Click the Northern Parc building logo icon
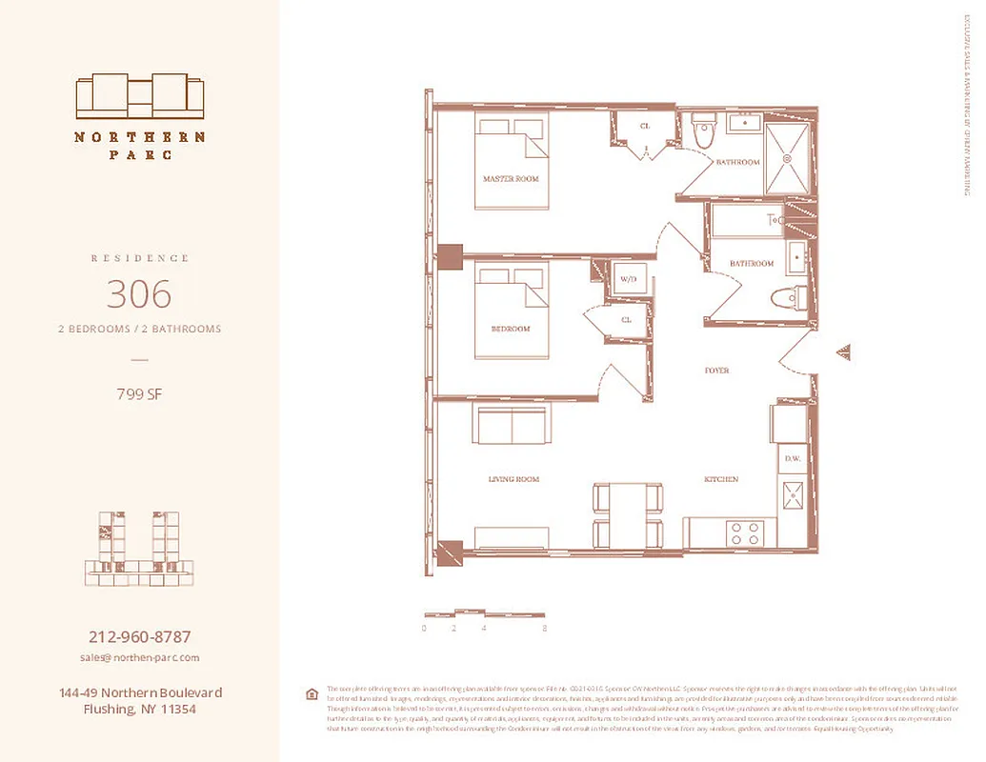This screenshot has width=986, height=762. tap(140, 95)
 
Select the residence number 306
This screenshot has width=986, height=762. tap(139, 294)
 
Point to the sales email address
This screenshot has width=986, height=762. tap(139, 657)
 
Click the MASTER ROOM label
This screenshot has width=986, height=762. tap(511, 179)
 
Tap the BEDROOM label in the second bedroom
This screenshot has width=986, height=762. tap(511, 329)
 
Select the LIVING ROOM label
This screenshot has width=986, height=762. tap(514, 480)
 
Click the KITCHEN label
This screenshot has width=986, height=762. tap(721, 479)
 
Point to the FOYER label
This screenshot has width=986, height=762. tap(716, 371)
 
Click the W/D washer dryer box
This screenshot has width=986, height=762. tap(628, 280)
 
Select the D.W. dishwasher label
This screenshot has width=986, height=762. tap(792, 459)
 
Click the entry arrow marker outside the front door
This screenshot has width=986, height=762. tap(843, 353)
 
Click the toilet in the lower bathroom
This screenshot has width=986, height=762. tap(785, 298)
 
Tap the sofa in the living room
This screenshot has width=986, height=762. tap(513, 425)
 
